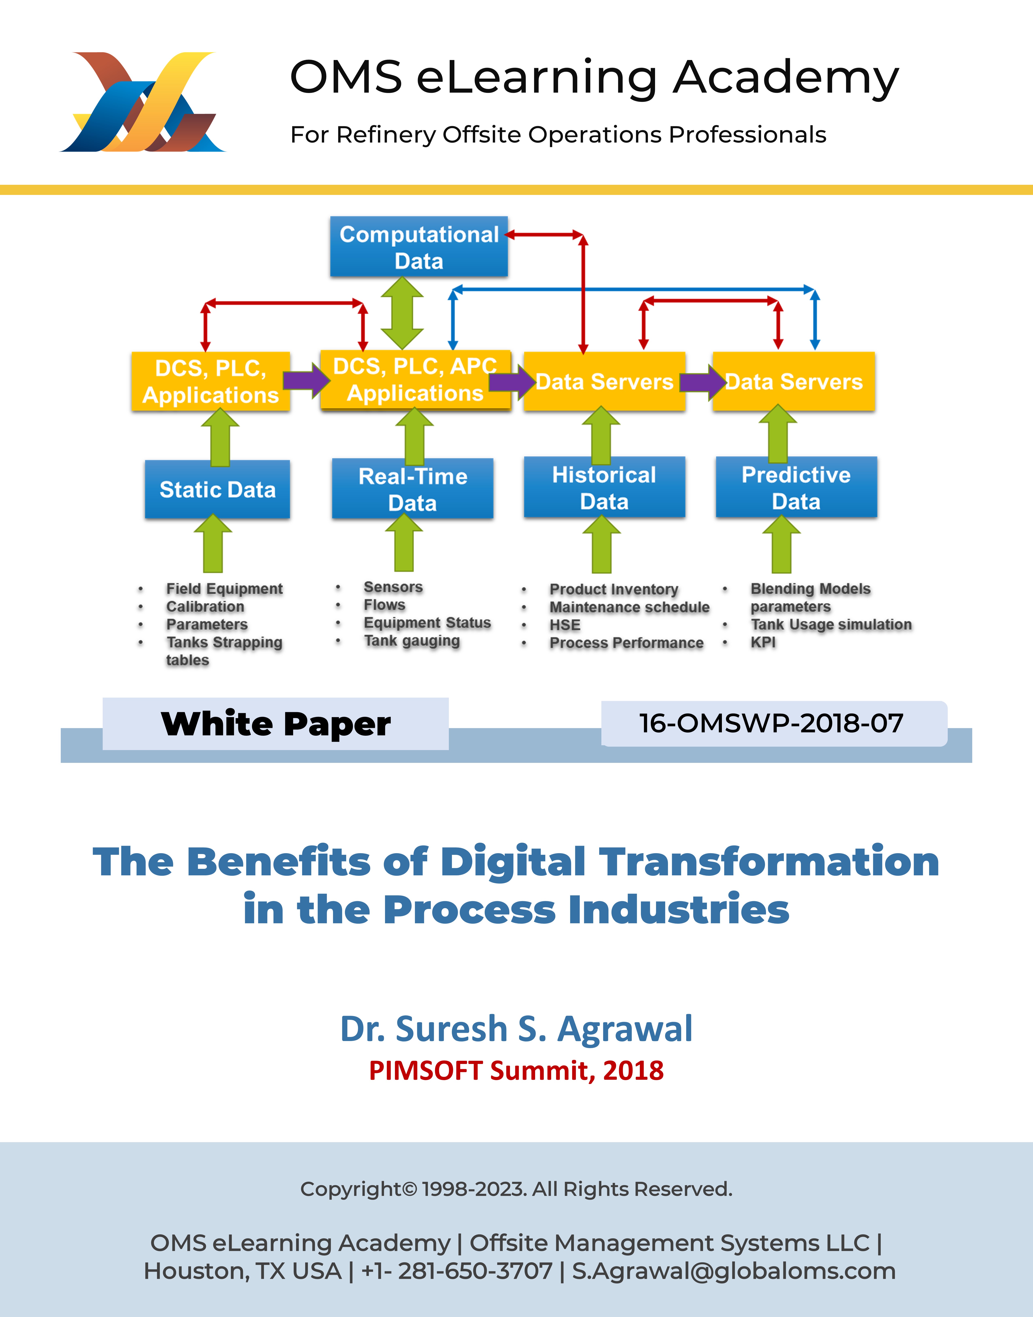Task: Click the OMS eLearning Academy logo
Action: coord(143,102)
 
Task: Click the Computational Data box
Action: coord(418,247)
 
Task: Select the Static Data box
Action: coord(217,489)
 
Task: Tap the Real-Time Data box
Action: coord(412,489)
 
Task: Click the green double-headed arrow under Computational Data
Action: coord(402,313)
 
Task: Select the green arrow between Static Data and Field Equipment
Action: coord(213,543)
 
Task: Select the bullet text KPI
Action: coord(763,642)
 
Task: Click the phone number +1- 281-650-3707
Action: coord(457,1271)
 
